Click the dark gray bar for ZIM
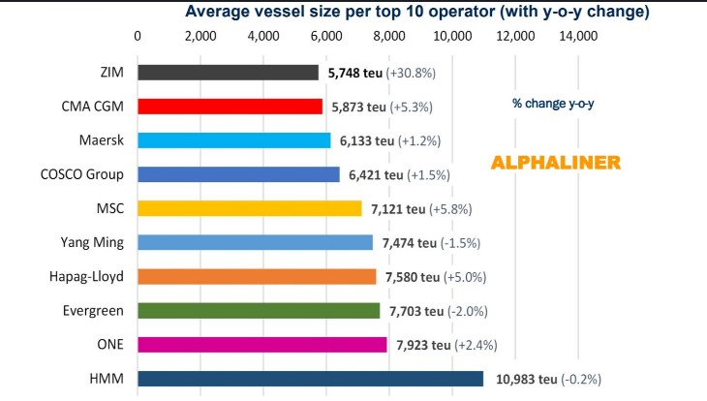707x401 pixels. point(229,73)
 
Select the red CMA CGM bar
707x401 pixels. point(231,107)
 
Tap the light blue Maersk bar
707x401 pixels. point(234,140)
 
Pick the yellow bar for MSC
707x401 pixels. point(250,208)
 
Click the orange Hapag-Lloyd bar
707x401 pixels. point(257,276)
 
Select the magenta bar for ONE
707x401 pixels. point(262,345)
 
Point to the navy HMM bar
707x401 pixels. point(310,379)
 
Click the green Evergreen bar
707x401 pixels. point(259,311)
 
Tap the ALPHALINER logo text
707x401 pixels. point(555,163)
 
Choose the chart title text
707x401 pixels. point(416,13)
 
